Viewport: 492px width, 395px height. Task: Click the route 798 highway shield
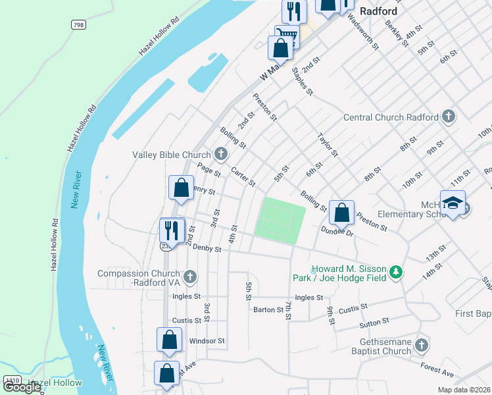(78, 24)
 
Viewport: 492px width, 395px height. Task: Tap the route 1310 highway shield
(11, 381)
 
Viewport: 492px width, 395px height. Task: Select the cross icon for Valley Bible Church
(221, 155)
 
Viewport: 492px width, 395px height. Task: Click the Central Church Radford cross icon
(448, 117)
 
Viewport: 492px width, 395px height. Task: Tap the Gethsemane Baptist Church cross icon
(422, 344)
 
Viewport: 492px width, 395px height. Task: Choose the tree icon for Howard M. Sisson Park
(395, 272)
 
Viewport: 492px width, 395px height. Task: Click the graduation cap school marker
(453, 203)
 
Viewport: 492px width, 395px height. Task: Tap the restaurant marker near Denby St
(172, 230)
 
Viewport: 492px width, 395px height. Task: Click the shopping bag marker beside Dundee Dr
(341, 213)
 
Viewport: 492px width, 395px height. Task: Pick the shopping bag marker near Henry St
(181, 188)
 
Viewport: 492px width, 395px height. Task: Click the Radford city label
(378, 11)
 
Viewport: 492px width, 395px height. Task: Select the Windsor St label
(207, 341)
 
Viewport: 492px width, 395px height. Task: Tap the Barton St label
(267, 309)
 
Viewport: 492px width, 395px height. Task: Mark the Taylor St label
(328, 145)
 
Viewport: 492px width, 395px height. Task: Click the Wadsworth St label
(366, 32)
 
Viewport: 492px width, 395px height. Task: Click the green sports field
(280, 219)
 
